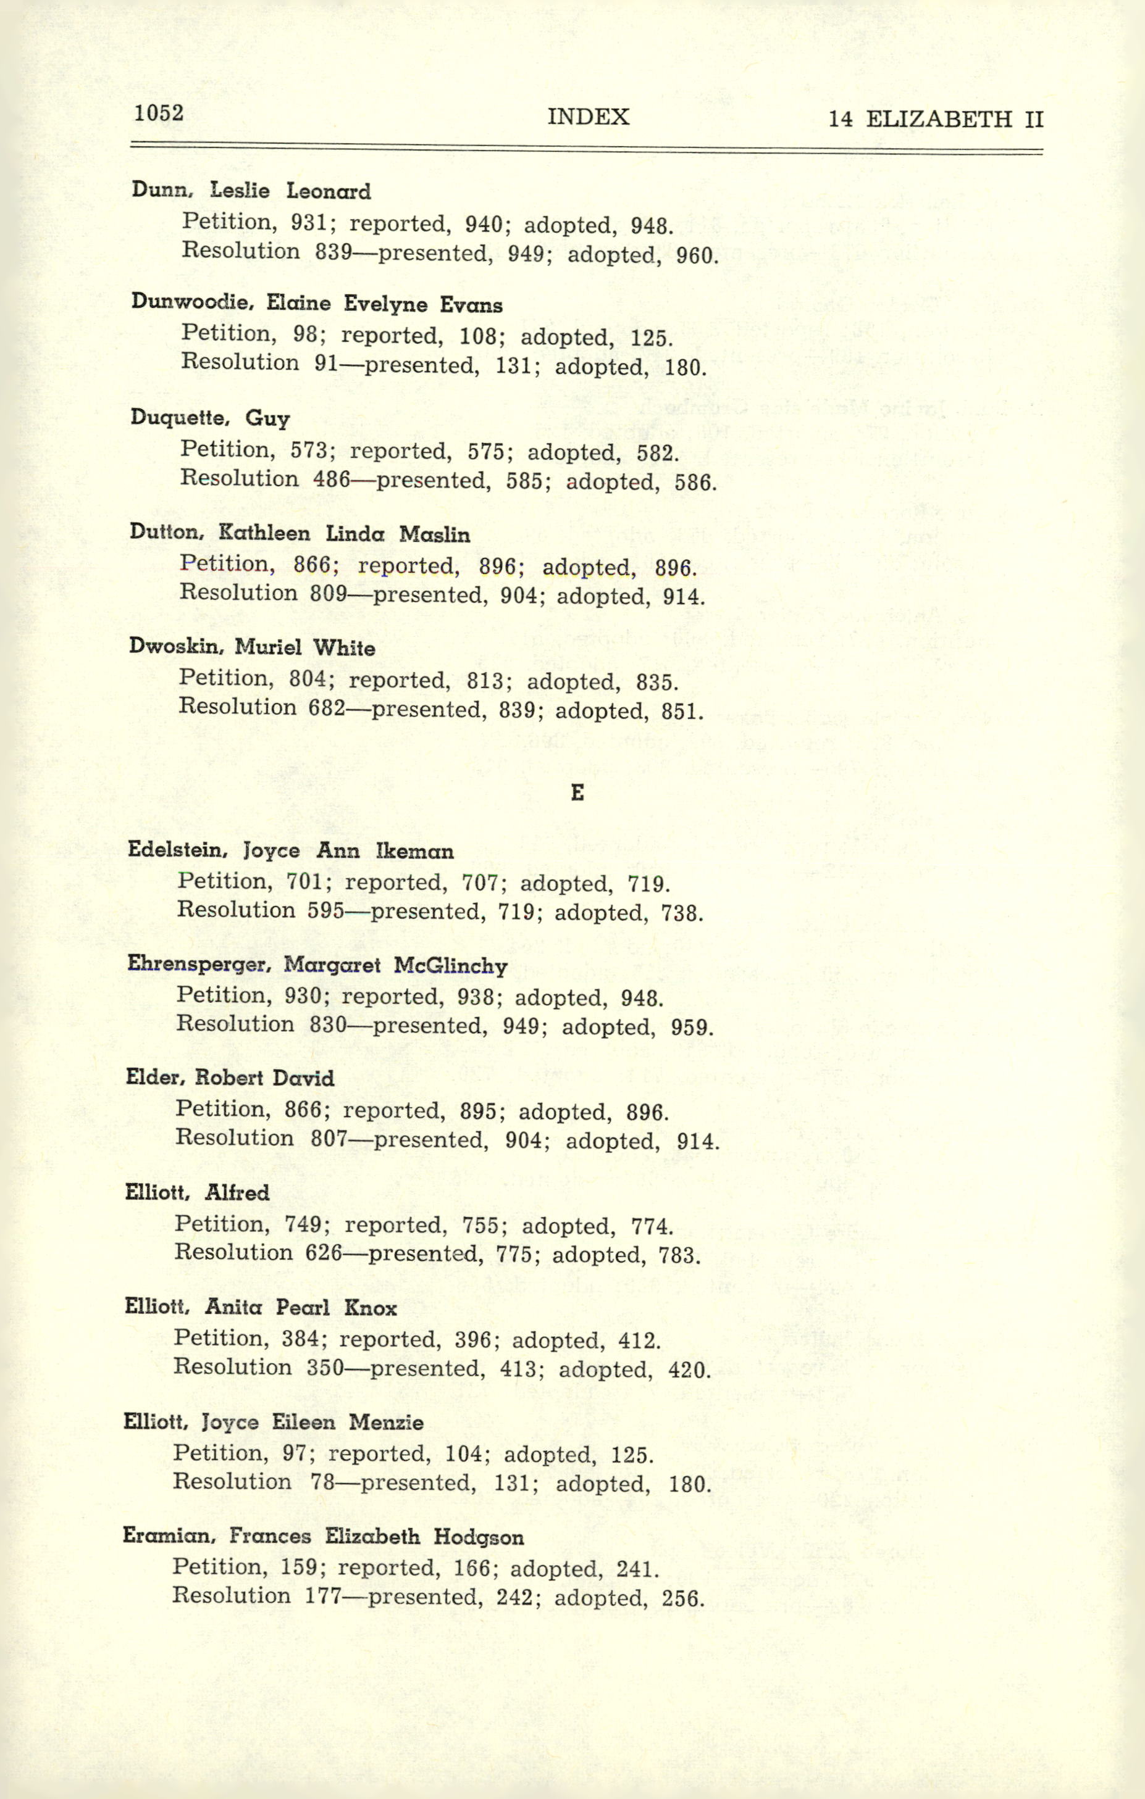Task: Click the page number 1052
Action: tap(159, 113)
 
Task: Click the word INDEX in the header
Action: tap(588, 117)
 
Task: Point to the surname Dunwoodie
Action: tap(193, 302)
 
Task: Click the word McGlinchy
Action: tap(451, 966)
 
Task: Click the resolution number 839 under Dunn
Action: tap(333, 252)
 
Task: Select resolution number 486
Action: tap(331, 479)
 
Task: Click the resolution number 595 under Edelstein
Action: tap(326, 910)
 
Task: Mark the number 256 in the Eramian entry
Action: tap(683, 1599)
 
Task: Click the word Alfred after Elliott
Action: tap(237, 1192)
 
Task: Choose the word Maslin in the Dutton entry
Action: tap(434, 534)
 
